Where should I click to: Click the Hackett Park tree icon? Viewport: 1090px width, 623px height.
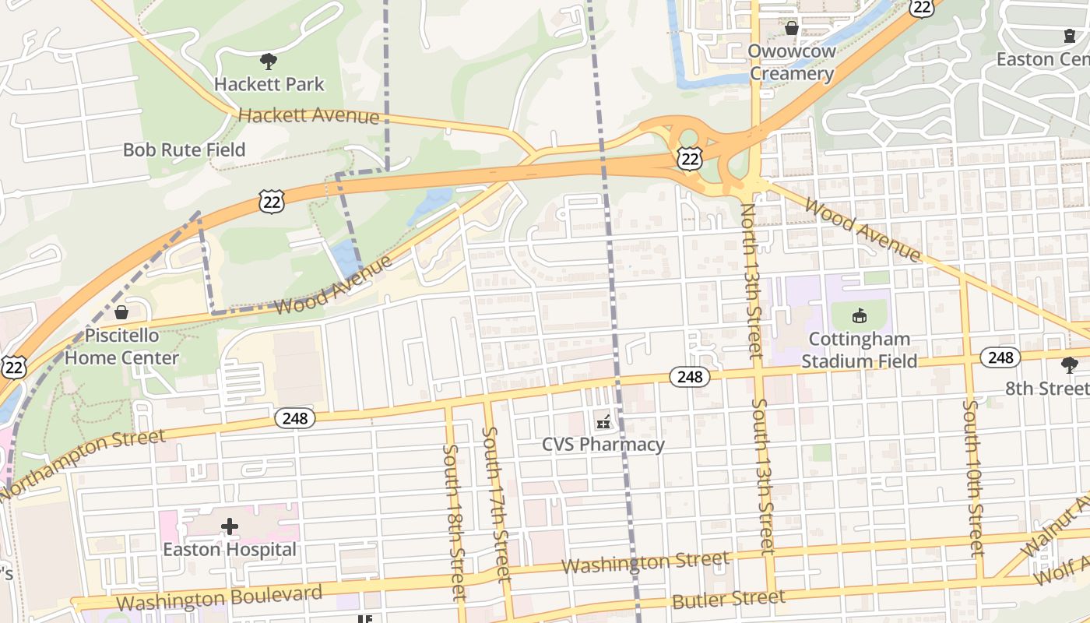coord(269,61)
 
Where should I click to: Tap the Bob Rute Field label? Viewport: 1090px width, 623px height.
coord(185,150)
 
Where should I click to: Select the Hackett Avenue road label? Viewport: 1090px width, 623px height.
coord(308,116)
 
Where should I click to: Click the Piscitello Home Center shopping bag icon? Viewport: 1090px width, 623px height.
coord(121,313)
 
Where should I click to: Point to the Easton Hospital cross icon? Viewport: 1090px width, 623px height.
coord(230,526)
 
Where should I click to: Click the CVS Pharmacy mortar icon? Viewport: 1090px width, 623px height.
coord(603,422)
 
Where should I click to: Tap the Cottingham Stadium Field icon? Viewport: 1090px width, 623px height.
coord(860,316)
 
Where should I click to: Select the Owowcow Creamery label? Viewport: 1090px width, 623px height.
coord(791,62)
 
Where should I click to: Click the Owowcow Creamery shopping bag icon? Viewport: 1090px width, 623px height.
coord(792,29)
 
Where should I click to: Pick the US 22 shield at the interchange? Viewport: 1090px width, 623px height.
coord(690,157)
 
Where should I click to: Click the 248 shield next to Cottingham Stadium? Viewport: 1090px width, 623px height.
coord(1000,357)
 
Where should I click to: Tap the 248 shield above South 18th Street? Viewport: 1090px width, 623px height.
coord(295,418)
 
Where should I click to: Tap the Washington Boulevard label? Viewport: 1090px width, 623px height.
coord(219,598)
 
